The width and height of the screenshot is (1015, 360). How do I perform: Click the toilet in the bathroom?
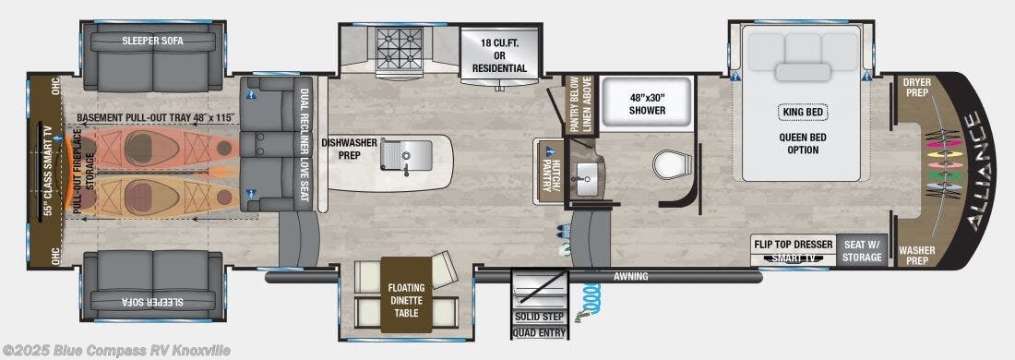coord(667,163)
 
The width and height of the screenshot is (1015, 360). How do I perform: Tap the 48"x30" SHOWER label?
coord(648,103)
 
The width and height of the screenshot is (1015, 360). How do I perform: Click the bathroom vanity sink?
coord(585,173)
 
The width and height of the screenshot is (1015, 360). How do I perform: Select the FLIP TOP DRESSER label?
coord(793,244)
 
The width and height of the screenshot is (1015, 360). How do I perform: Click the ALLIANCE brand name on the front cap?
coord(981,172)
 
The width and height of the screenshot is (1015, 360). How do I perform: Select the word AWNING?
coord(630,277)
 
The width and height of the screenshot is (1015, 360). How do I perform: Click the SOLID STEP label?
coord(539,318)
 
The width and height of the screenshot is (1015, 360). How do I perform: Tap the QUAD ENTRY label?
coord(539,333)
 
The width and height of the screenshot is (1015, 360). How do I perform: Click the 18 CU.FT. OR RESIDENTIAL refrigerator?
coord(499,55)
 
